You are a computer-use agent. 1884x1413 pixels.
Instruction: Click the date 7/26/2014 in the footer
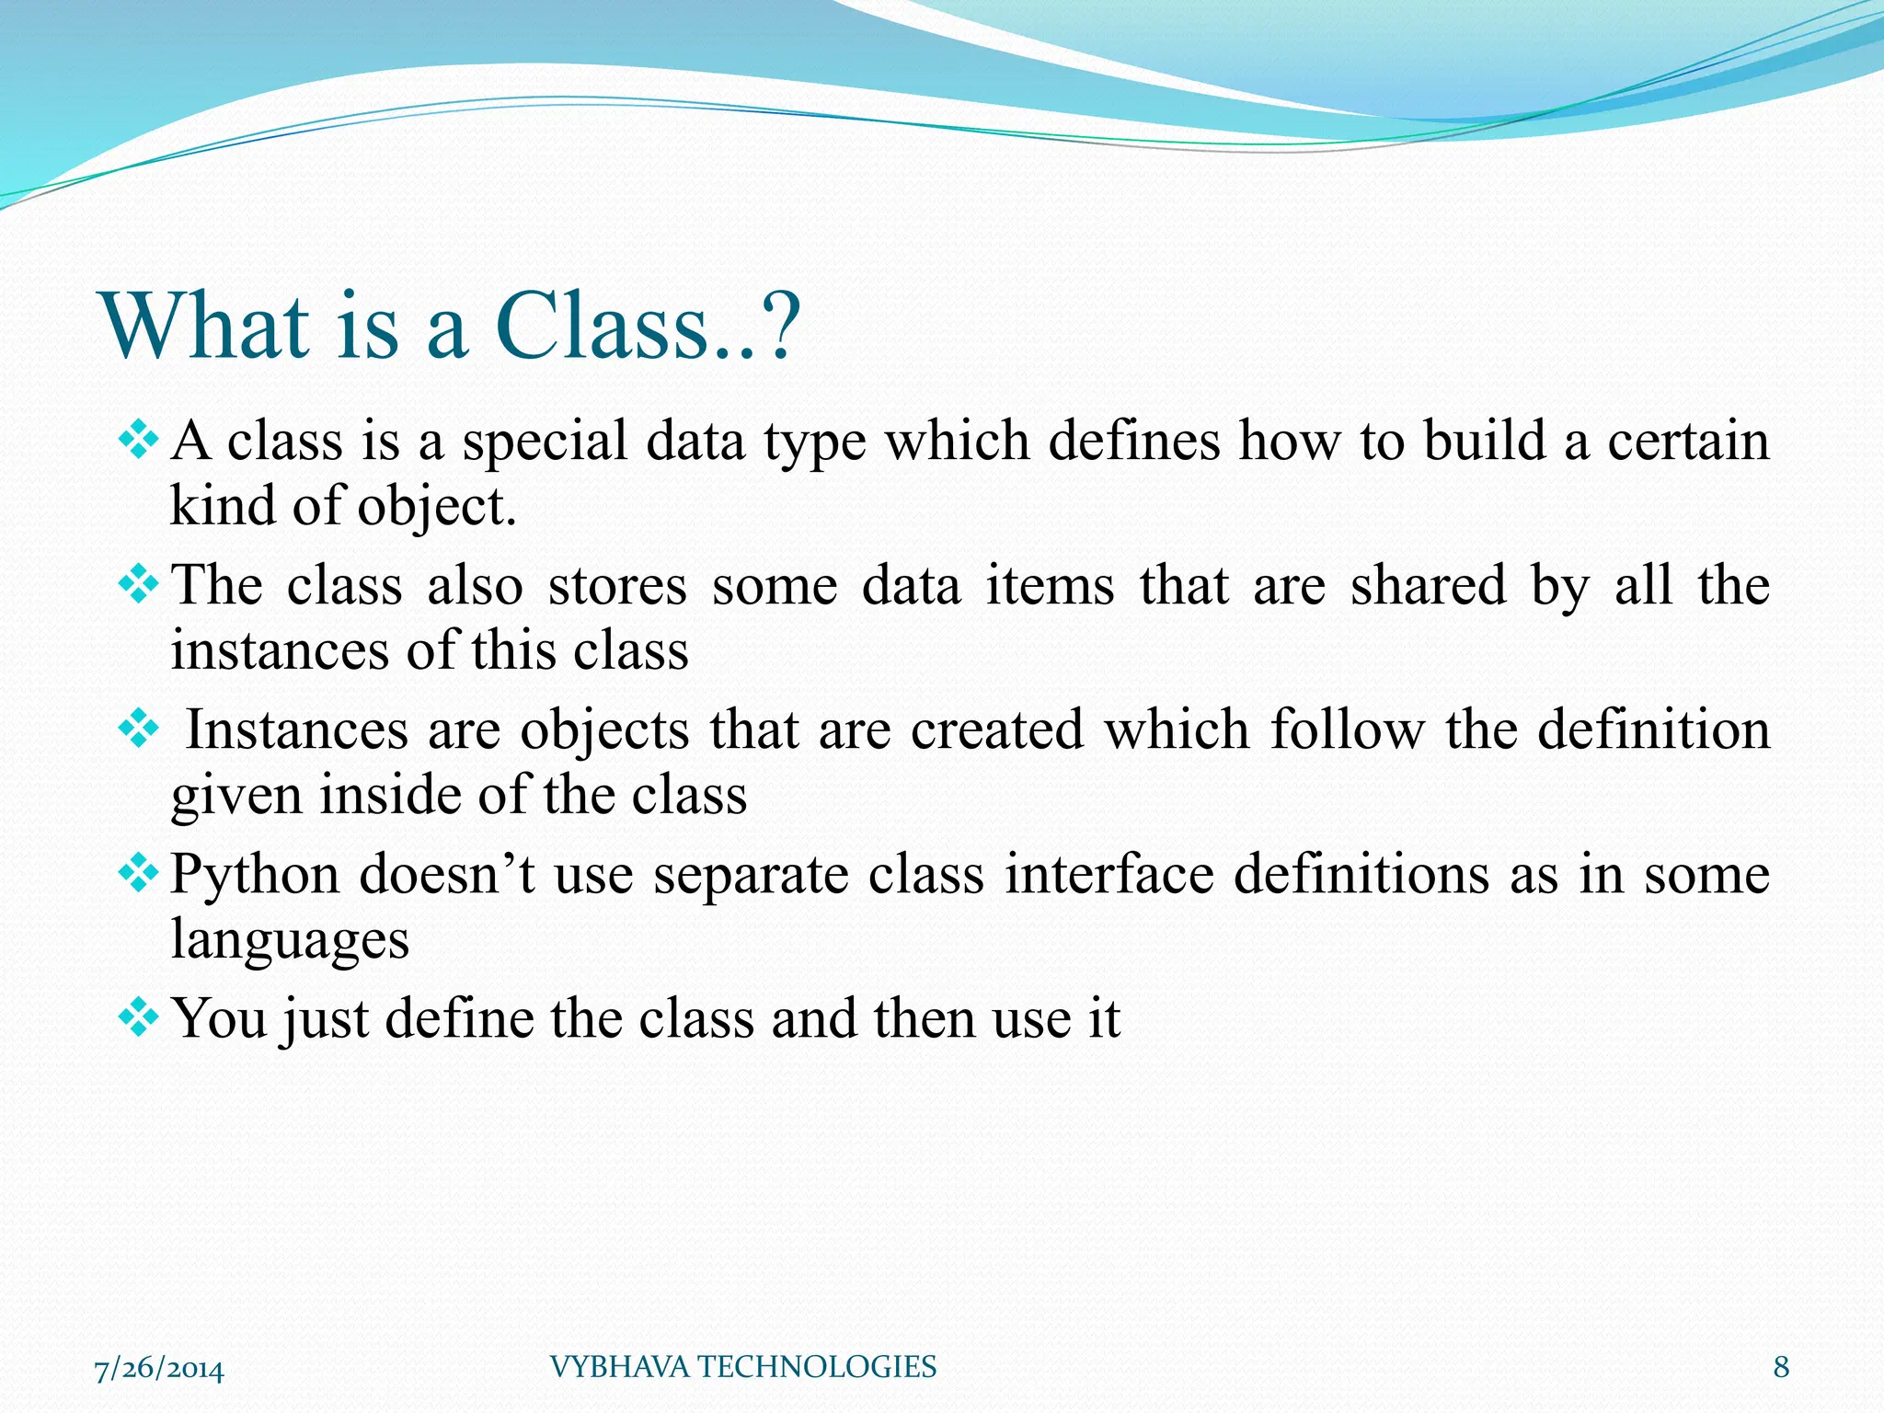[x=159, y=1368]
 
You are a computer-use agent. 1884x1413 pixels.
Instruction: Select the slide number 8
[x=1781, y=1367]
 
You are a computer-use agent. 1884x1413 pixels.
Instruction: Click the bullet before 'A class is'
[x=139, y=440]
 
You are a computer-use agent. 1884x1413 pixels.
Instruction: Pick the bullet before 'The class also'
[x=139, y=584]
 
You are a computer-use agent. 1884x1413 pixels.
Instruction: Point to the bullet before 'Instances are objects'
[x=139, y=729]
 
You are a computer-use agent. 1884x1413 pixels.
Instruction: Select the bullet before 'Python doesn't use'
[x=139, y=873]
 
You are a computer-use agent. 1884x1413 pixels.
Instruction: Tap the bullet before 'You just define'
[x=139, y=1017]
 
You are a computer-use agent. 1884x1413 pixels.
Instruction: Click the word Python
[x=255, y=875]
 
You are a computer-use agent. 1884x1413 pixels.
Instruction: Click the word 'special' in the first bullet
[x=545, y=442]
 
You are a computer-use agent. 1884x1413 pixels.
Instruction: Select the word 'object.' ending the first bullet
[x=437, y=508]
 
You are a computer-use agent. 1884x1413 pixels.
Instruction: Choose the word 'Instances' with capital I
[x=297, y=730]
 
